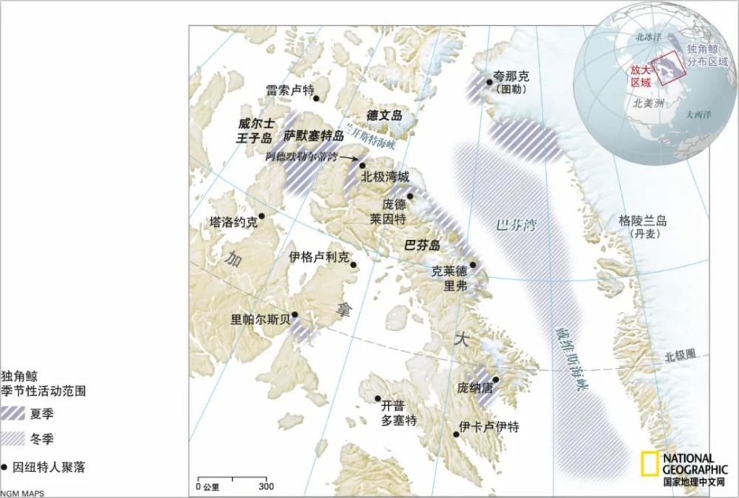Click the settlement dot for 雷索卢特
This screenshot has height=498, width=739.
tap(316, 98)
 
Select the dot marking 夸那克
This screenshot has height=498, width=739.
tap(488, 82)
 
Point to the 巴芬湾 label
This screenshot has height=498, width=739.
tap(516, 225)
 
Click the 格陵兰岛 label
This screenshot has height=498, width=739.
tap(643, 220)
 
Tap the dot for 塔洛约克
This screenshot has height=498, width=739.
tap(261, 216)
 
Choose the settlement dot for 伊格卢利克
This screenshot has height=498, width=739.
tap(353, 265)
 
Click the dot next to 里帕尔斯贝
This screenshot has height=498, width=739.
tap(295, 315)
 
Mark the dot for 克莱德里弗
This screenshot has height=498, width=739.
tap(473, 265)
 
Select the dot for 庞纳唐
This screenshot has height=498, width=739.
tap(496, 380)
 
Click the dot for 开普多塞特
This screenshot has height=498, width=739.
tap(377, 398)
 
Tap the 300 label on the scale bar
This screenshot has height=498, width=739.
tap(266, 486)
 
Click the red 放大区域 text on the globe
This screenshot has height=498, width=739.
tap(640, 75)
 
